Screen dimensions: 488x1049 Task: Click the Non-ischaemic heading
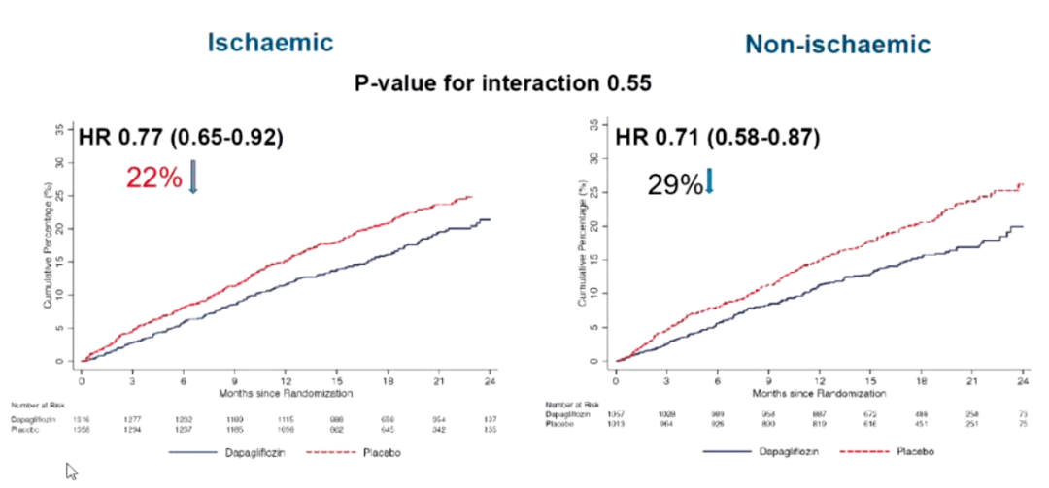click(837, 44)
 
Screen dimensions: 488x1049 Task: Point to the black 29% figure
click(674, 183)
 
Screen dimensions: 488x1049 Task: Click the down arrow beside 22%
click(192, 176)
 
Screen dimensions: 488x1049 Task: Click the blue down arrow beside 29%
click(709, 180)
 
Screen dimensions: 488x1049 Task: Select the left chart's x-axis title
click(286, 393)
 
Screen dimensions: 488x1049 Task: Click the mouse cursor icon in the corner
click(72, 472)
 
